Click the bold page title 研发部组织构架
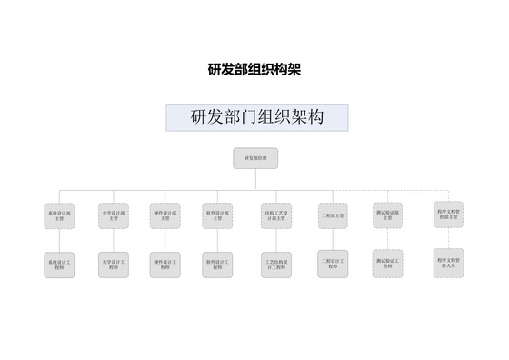(254, 69)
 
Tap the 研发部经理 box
(255, 159)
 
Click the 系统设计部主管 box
(60, 217)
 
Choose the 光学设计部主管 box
(113, 217)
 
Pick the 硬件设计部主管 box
(165, 217)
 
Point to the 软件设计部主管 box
(218, 217)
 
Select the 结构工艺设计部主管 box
(276, 217)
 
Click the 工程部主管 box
(333, 217)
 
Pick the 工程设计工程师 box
(333, 265)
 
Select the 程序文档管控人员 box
(448, 263)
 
